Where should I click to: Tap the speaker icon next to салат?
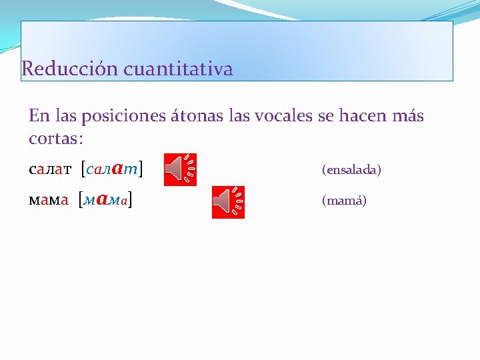[181, 169]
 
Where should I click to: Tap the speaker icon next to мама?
[228, 202]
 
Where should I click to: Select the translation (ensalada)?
[351, 171]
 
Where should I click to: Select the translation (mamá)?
[344, 201]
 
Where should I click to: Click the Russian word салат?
[51, 170]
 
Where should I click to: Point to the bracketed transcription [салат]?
[112, 169]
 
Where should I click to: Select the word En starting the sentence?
[39, 117]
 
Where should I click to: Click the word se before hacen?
[325, 117]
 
